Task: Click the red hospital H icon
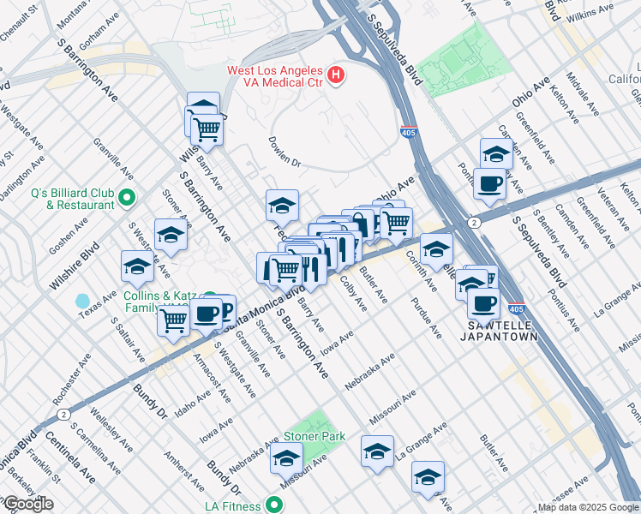coord(337,75)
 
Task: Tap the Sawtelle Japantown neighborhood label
coord(503,331)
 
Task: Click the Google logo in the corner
coord(27,504)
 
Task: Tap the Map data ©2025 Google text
coord(588,507)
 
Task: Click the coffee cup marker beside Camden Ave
coord(489,184)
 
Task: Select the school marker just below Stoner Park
coord(286,459)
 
